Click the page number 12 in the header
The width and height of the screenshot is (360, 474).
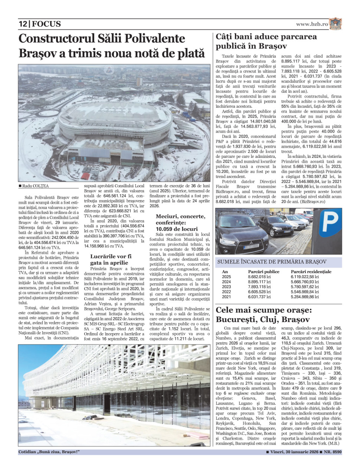click(x=23, y=24)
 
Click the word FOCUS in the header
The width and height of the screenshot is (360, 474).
click(x=46, y=24)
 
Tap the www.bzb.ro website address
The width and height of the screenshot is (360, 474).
click(x=312, y=24)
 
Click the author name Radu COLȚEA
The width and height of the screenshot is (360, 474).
click(x=35, y=186)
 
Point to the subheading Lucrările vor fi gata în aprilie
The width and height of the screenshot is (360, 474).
click(x=111, y=259)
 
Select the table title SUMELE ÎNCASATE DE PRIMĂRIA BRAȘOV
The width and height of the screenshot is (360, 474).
click(x=272, y=262)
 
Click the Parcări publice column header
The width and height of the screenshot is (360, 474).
click(x=264, y=272)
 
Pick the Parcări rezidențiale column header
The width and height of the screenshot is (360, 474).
click(x=311, y=272)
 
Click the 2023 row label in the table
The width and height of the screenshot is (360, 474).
click(x=226, y=287)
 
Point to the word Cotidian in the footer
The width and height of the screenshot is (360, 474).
click(x=28, y=452)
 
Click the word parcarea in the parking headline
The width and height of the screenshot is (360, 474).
click(x=298, y=36)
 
